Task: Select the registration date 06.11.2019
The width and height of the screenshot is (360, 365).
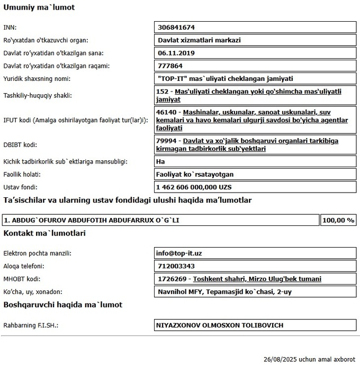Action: tap(176, 53)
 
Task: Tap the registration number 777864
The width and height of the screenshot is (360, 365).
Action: tap(170, 66)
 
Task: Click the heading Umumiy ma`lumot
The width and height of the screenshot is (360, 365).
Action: tap(39, 7)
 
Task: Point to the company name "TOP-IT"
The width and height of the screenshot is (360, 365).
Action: tap(225, 79)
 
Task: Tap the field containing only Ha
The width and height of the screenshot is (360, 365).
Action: tap(160, 161)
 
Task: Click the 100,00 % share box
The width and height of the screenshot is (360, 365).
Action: tap(338, 220)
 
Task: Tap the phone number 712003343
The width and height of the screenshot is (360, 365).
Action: tap(176, 266)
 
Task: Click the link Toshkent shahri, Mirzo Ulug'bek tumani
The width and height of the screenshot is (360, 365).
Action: tap(257, 279)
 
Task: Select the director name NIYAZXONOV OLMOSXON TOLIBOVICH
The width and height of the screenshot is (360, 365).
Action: tap(219, 325)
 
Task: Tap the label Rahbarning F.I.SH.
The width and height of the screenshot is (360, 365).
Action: tap(31, 325)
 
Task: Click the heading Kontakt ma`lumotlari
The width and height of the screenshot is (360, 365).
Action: tap(44, 233)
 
